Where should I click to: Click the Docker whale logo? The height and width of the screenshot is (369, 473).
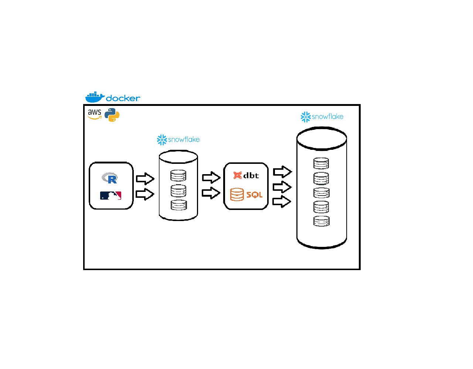[x=95, y=97]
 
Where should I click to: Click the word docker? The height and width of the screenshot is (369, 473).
[x=123, y=98]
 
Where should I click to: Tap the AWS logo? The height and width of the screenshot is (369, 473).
[x=95, y=114]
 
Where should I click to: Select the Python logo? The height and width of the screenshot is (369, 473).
[x=112, y=115]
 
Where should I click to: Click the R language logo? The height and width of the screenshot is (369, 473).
[x=110, y=178]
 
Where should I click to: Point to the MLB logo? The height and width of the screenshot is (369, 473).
[x=110, y=196]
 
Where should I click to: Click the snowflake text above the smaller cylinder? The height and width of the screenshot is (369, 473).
[x=184, y=139]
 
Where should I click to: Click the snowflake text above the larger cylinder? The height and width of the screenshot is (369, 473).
[x=327, y=117]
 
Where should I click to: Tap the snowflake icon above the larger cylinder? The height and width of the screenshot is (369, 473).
[x=306, y=117]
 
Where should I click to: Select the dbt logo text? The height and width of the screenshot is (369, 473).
[x=251, y=176]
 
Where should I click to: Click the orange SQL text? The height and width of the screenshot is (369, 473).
[x=254, y=195]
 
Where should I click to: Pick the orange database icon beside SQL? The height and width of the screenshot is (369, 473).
[x=237, y=194]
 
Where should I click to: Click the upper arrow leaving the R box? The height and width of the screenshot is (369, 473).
[x=145, y=179]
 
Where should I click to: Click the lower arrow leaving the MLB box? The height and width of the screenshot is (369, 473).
[x=145, y=194]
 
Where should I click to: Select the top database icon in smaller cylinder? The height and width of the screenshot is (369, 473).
[x=178, y=176]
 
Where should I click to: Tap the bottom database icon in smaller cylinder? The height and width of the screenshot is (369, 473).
[x=179, y=205]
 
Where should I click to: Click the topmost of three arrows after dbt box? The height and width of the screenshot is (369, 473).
[x=282, y=172]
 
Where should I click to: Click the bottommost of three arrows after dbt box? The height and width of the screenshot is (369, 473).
[x=282, y=201]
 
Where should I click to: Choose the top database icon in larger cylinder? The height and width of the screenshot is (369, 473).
[x=321, y=163]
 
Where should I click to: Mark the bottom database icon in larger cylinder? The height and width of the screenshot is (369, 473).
[x=321, y=221]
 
